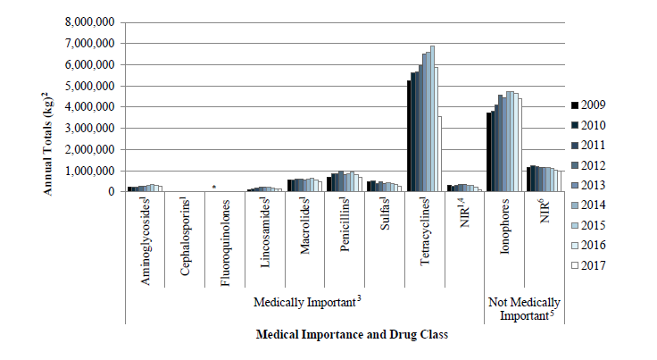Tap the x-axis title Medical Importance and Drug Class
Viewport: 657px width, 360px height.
(351, 334)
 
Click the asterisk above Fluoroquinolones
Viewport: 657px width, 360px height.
(213, 187)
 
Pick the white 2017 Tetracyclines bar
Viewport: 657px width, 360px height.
(440, 154)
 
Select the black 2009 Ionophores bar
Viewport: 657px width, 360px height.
(487, 152)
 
